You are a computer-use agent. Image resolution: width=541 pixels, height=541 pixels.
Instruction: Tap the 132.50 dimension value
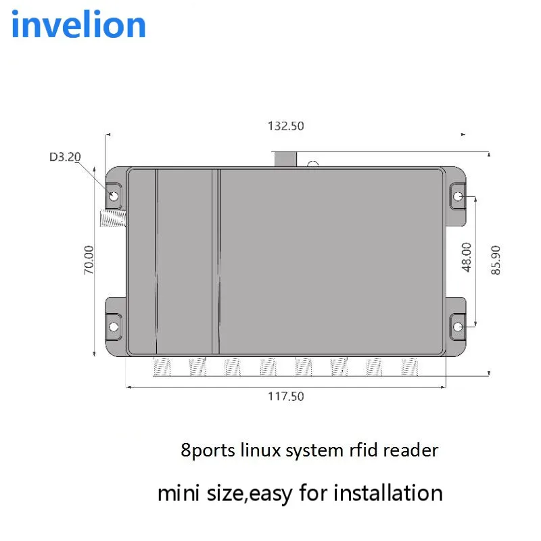click(287, 126)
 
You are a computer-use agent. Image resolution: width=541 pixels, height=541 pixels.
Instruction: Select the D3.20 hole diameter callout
click(65, 157)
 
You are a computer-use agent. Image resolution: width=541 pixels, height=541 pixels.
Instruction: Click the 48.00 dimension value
click(466, 257)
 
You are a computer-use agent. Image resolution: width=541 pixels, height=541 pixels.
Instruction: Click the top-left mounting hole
click(114, 197)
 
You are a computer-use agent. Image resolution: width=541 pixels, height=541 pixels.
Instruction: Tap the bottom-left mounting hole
click(114, 327)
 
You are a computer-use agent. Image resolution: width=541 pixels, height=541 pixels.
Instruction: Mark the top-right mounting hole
click(458, 197)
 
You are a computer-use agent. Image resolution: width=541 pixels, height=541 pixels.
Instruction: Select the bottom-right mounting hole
click(458, 327)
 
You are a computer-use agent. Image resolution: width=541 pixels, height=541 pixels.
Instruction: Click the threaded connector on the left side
click(112, 218)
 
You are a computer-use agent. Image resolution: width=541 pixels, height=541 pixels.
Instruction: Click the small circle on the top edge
click(312, 164)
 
